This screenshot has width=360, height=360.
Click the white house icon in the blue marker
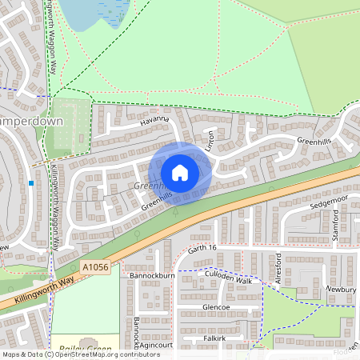click(179, 173)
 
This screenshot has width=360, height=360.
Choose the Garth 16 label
click(203, 250)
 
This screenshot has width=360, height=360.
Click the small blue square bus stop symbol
click(31, 183)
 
